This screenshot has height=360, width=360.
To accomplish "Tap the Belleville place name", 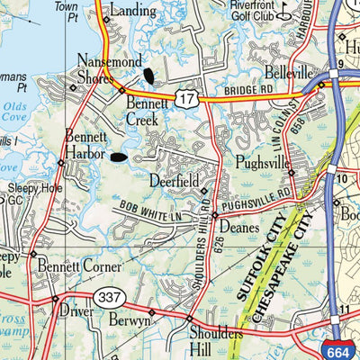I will (288, 72).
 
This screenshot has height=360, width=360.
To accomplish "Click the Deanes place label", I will (238, 229).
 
